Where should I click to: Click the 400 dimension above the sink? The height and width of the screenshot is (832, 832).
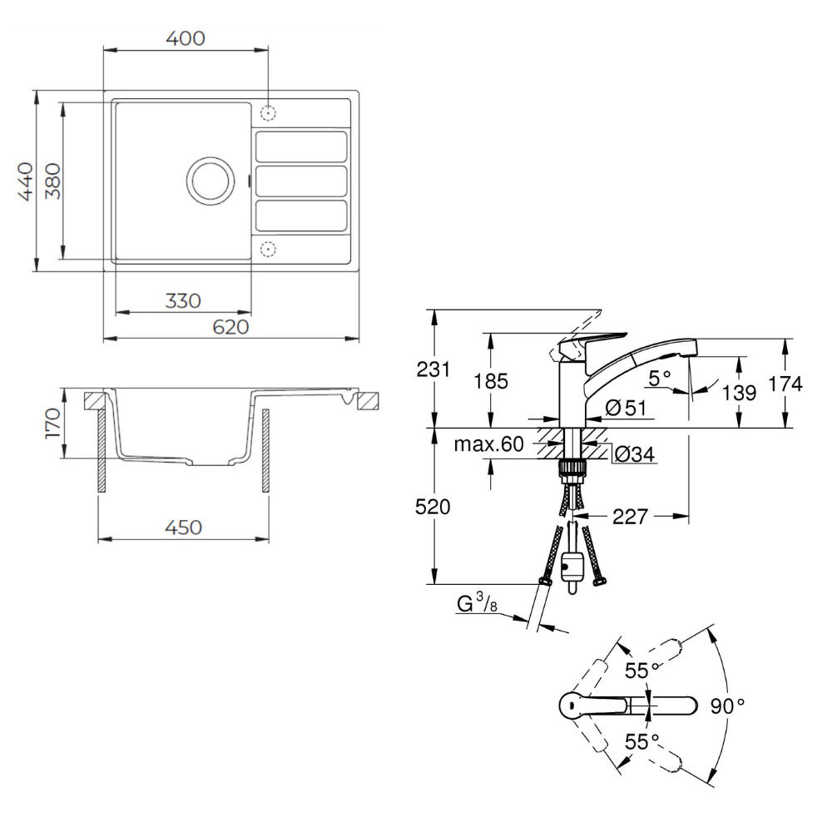click(x=186, y=39)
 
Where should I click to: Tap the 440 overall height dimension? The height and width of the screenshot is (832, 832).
click(x=26, y=181)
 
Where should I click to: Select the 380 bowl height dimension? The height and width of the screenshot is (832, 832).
click(x=52, y=181)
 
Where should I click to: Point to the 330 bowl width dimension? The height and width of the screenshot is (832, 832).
click(x=183, y=301)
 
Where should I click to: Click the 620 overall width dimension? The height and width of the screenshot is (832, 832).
click(x=230, y=327)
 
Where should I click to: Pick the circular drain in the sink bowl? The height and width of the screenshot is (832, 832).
click(x=210, y=181)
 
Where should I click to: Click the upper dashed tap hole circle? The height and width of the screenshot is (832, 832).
click(x=269, y=112)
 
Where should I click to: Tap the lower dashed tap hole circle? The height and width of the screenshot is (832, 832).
click(x=269, y=248)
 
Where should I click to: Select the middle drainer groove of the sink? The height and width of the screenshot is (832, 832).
click(x=301, y=181)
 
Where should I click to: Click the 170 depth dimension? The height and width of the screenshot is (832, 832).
click(x=53, y=423)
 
